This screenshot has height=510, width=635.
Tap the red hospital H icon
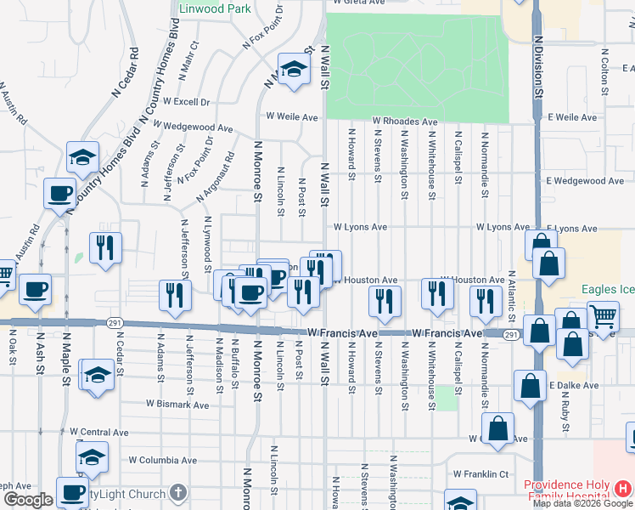tap(623, 488)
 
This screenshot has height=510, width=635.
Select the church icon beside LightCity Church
tap(177, 493)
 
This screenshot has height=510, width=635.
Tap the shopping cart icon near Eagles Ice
tap(602, 316)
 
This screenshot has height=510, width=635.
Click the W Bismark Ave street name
tap(177, 405)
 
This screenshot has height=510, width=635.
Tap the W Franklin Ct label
tap(480, 474)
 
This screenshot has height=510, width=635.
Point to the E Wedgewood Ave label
tap(586, 181)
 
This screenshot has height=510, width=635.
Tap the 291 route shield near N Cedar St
tap(115, 323)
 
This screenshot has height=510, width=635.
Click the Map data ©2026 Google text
tap(583, 503)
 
